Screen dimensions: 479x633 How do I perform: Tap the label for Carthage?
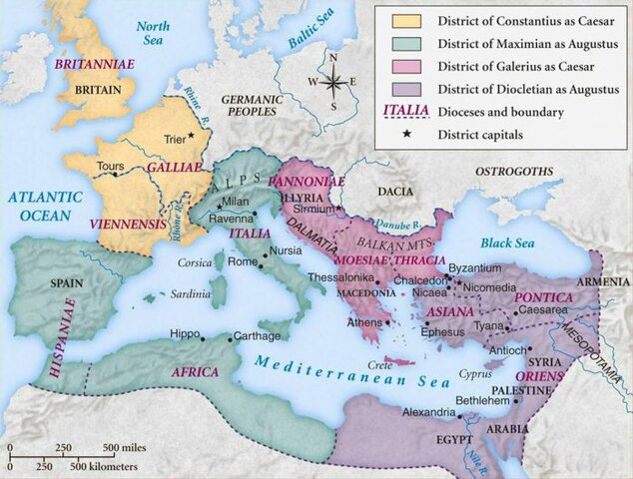[x=257, y=336]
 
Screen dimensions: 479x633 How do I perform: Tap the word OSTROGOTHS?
[x=512, y=172]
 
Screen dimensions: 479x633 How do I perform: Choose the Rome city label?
[x=243, y=262]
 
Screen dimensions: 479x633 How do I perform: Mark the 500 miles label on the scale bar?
[x=125, y=446]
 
